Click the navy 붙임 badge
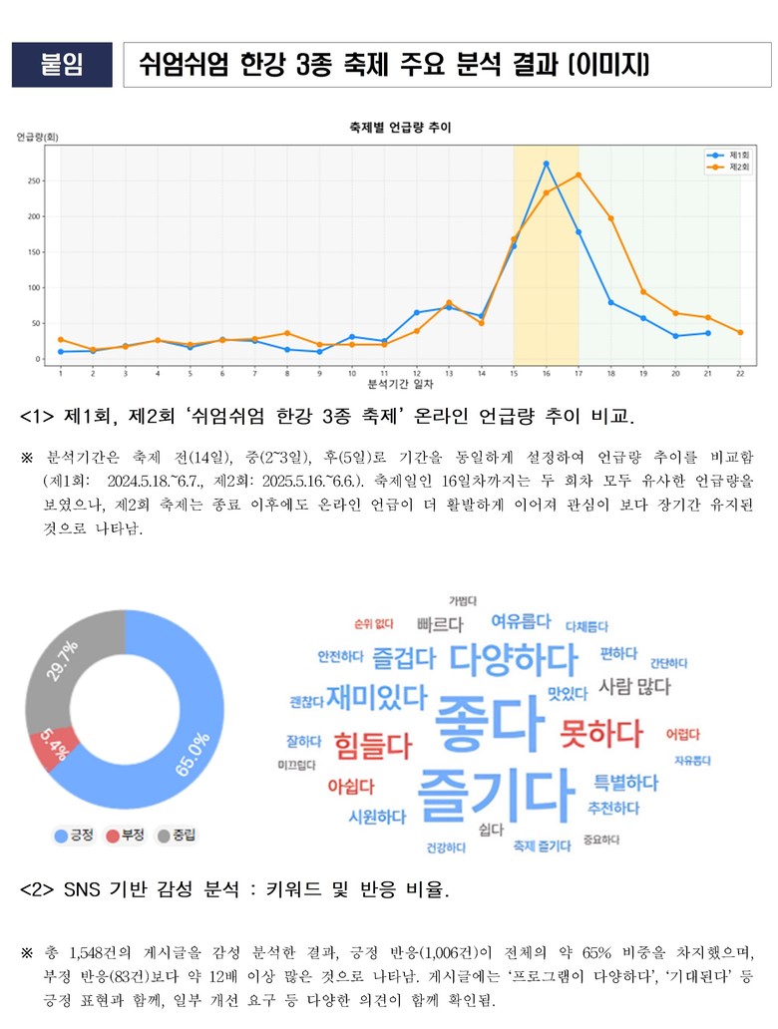(62, 65)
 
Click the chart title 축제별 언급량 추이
(399, 127)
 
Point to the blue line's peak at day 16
(546, 164)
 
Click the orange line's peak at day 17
(579, 175)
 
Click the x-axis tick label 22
(740, 373)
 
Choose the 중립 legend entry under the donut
(178, 835)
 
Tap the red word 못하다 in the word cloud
(601, 734)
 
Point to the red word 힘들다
(373, 745)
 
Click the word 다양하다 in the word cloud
(513, 659)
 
